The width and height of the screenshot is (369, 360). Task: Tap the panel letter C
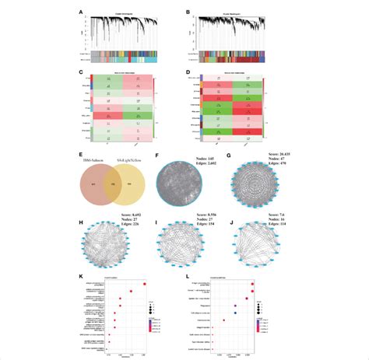pos(79,72)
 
